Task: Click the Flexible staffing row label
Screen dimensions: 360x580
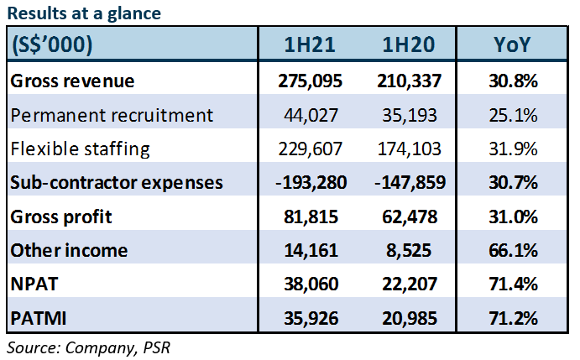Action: pyautogui.click(x=81, y=149)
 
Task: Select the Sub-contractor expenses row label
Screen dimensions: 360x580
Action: pyautogui.click(x=117, y=182)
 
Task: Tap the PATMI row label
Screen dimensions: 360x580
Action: pyautogui.click(x=38, y=318)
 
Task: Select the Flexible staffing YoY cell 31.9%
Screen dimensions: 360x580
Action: pyautogui.click(x=513, y=149)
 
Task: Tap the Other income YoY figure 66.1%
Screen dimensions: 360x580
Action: pyautogui.click(x=513, y=250)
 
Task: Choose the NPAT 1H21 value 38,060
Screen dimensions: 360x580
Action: pyautogui.click(x=310, y=284)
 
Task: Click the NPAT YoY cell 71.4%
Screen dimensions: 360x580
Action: pyautogui.click(x=513, y=284)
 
